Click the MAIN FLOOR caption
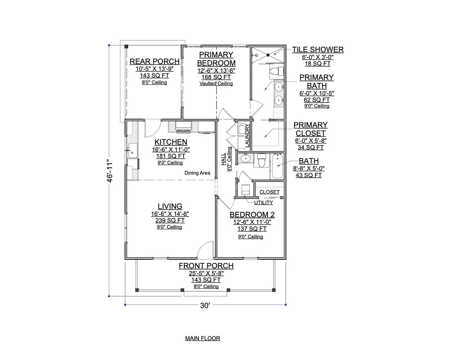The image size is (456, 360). [203, 338]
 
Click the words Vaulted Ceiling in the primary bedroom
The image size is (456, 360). [216, 83]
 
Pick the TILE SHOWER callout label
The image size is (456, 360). [318, 50]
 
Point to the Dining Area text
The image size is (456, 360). [197, 173]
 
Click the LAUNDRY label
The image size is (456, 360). [247, 136]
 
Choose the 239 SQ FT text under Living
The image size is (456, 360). [170, 220]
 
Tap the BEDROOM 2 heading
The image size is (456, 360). [252, 215]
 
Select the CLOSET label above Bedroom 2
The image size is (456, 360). [269, 192]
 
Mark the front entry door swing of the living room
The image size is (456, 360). [205, 249]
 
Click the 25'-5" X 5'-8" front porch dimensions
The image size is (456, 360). [206, 273]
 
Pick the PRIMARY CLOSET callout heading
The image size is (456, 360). [310, 129]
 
